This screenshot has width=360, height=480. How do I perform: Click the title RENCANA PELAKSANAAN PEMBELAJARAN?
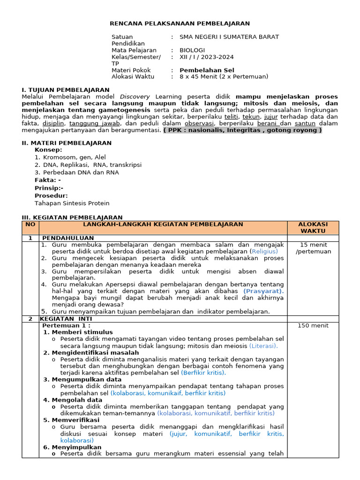pyautogui.click(x=180, y=23)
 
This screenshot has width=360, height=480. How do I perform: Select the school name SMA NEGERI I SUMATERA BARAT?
pyautogui.click(x=229, y=37)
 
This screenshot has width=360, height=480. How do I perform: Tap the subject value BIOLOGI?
pyautogui.click(x=192, y=50)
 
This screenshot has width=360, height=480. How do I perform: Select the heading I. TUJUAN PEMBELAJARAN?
pyautogui.click(x=66, y=90)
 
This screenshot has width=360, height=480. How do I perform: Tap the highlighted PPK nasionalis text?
pyautogui.click(x=242, y=130)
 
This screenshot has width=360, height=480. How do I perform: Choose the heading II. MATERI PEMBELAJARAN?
pyautogui.click(x=67, y=143)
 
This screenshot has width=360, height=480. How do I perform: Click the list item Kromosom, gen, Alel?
pyautogui.click(x=74, y=157)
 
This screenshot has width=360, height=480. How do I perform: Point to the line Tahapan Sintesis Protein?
pyautogui.click(x=72, y=203)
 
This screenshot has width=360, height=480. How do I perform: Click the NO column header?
pyautogui.click(x=30, y=225)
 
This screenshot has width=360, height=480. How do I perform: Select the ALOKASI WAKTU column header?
pyautogui.click(x=313, y=228)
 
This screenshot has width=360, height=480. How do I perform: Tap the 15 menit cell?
pyautogui.click(x=313, y=248)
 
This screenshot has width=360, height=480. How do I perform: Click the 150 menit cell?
pyautogui.click(x=313, y=325)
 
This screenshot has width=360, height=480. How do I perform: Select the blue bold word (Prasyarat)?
pyautogui.click(x=263, y=291)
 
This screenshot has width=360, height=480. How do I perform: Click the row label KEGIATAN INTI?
pyautogui.click(x=63, y=319)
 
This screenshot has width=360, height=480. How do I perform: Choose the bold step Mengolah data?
pyautogui.click(x=77, y=400)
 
